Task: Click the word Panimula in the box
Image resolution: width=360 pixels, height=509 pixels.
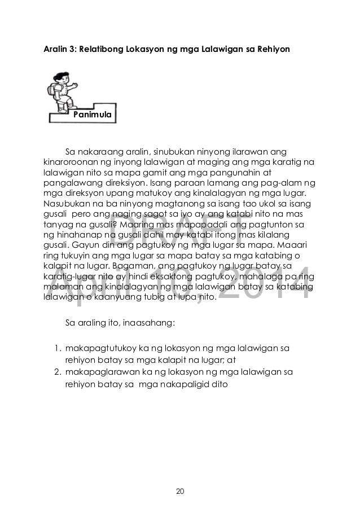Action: (x=91, y=115)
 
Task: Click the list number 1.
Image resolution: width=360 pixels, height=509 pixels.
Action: (x=58, y=349)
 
